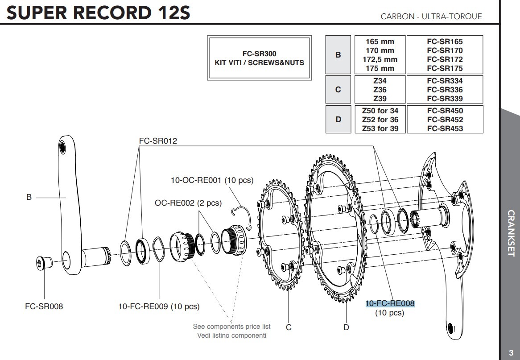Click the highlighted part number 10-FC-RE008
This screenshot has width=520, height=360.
pyautogui.click(x=390, y=304)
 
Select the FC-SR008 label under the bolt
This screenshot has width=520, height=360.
pyautogui.click(x=44, y=306)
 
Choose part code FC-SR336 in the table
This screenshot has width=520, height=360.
pyautogui.click(x=445, y=90)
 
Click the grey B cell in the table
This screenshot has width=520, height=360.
pyautogui.click(x=338, y=55)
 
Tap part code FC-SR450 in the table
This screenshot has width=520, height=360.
pyautogui.click(x=445, y=111)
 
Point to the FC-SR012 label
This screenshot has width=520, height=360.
pyautogui.click(x=158, y=141)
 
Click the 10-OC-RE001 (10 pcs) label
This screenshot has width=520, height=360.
pyautogui.click(x=212, y=181)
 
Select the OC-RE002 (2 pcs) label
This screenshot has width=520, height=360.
pyautogui.click(x=188, y=203)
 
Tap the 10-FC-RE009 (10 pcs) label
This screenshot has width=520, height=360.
pyautogui.click(x=159, y=306)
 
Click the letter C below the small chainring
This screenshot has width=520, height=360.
pyautogui.click(x=289, y=327)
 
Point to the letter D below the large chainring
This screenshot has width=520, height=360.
pyautogui.click(x=346, y=327)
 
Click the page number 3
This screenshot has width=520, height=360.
pyautogui.click(x=511, y=352)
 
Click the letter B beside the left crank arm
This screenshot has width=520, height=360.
pyautogui.click(x=29, y=197)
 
